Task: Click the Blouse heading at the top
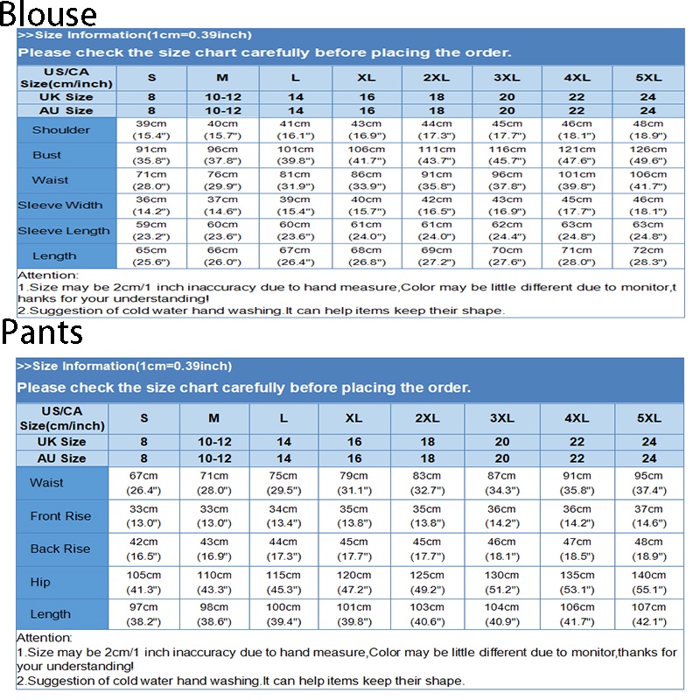[48, 14]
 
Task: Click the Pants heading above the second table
[42, 332]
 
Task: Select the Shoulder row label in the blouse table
[60, 130]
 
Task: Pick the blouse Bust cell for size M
[222, 155]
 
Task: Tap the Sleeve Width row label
[60, 206]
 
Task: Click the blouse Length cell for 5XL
[647, 255]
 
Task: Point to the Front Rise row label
[60, 516]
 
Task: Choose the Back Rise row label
[60, 549]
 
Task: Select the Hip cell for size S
[144, 582]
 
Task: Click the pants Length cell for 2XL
[427, 614]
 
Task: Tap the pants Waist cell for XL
[353, 483]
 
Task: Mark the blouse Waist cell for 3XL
[507, 180]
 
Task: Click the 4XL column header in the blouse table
[577, 77]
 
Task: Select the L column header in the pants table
[283, 418]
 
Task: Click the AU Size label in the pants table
[61, 458]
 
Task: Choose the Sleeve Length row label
[64, 231]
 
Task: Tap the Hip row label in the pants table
[40, 582]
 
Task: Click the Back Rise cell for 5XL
[648, 549]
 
